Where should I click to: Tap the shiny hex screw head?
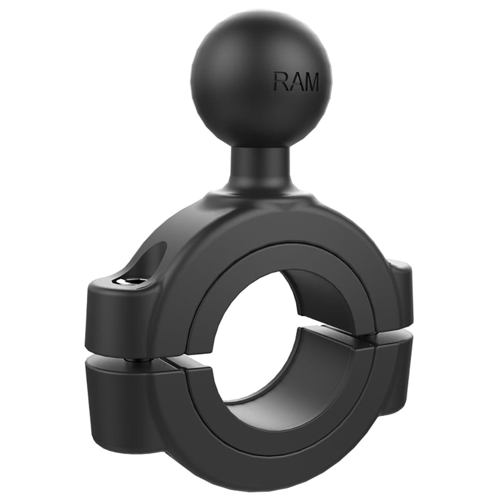tap(133, 281)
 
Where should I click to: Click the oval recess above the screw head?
tap(149, 259)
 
